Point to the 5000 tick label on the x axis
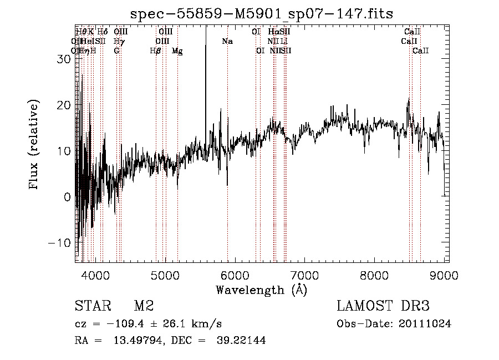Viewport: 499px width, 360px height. (x=165, y=274)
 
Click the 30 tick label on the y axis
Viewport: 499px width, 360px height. (x=63, y=59)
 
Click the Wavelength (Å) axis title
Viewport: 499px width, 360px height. (x=261, y=290)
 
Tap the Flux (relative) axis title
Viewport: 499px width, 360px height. (x=34, y=145)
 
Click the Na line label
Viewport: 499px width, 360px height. (x=227, y=42)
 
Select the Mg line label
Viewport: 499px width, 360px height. (x=176, y=51)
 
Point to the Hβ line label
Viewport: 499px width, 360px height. (x=155, y=51)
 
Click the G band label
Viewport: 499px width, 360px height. (x=116, y=51)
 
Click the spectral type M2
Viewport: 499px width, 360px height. (x=143, y=306)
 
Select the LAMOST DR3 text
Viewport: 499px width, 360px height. (x=383, y=306)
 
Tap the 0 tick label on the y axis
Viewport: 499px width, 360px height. (x=67, y=197)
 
